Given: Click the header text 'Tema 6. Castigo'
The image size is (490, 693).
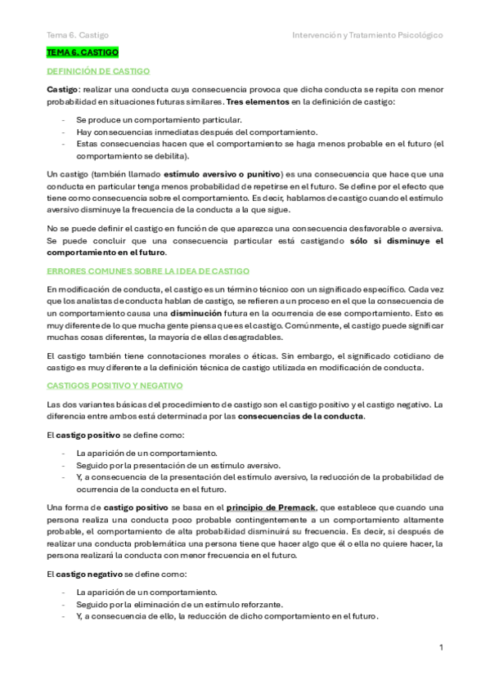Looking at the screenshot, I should coord(78,36).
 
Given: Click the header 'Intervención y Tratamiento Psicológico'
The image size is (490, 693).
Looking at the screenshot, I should coord(367,36).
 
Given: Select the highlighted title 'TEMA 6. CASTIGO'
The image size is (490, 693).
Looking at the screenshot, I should coord(83,52).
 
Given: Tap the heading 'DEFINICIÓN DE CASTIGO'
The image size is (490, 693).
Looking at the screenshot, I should coord(98,72).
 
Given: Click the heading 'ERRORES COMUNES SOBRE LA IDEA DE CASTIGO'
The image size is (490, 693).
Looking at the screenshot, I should coord(148,270).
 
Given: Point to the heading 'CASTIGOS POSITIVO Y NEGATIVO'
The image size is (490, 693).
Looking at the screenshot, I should coord(115,384).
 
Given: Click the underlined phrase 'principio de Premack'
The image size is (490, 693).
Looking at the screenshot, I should coord(272,507).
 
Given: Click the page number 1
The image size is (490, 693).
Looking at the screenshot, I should coord(441,648).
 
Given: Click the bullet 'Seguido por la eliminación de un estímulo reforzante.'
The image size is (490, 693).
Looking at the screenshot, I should coord(179,605).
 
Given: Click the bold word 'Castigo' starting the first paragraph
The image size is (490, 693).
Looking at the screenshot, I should coord(62,88).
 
